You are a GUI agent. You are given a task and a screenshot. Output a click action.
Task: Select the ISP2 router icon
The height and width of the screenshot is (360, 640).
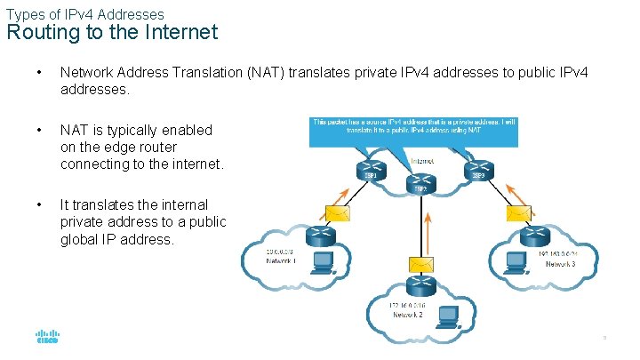417,176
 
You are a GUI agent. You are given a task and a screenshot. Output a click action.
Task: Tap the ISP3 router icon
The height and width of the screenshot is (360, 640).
478,168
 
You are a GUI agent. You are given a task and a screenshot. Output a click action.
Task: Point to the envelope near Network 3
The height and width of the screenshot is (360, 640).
518,212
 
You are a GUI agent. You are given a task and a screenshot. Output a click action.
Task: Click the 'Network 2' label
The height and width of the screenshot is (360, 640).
407,315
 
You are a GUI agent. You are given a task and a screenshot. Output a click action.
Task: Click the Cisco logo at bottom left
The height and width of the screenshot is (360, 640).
47,338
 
